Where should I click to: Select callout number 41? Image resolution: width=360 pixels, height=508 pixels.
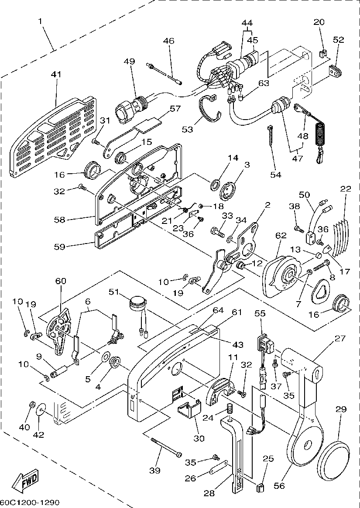pyautogui.click(x=56, y=75)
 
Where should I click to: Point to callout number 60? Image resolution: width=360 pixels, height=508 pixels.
pyautogui.click(x=60, y=281)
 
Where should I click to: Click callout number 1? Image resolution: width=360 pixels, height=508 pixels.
pyautogui.click(x=40, y=21)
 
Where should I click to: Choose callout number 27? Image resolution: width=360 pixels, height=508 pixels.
pyautogui.click(x=339, y=338)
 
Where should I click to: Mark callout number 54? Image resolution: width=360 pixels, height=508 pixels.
pyautogui.click(x=276, y=175)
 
